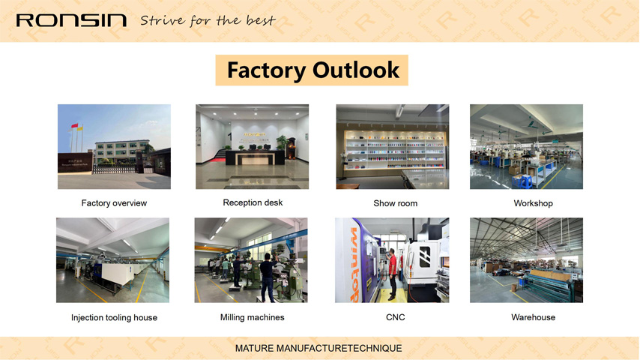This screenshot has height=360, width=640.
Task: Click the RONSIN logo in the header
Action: pos(71,20)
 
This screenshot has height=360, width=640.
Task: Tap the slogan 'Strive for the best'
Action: pos(208,21)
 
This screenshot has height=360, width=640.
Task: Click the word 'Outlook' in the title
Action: pos(356,70)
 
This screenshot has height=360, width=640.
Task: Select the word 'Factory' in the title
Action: pos(266,70)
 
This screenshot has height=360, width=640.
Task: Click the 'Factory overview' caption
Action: pos(114,203)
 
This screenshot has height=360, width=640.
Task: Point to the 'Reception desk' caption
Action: pos(253,202)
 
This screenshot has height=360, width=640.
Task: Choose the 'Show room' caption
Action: pos(395,203)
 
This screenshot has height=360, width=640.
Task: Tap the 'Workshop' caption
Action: pos(533,203)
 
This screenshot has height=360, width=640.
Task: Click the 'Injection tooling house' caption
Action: pos(114,317)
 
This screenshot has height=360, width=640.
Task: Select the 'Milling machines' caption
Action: pos(253,317)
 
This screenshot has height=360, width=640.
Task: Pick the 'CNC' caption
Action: pos(395,317)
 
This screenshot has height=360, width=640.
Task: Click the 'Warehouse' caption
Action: pos(533,317)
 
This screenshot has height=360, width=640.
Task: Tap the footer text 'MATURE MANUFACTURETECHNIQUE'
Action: pos(319,349)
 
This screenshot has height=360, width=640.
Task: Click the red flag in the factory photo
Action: pos(74,125)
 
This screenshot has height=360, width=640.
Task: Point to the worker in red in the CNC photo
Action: pos(392,274)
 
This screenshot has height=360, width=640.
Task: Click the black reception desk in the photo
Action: pos(255,157)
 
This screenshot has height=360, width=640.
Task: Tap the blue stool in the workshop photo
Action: pos(522,181)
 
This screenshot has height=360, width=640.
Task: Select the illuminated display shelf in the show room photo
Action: pos(394,150)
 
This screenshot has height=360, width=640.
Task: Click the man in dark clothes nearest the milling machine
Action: pos(268,277)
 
